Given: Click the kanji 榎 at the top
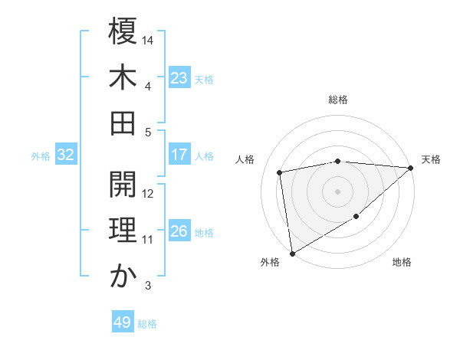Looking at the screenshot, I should [123, 34].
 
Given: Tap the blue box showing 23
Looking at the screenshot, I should [179, 78].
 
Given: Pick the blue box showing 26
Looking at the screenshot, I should [179, 232].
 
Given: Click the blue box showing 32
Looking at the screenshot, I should [66, 155].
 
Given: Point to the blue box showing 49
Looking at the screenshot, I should [123, 322].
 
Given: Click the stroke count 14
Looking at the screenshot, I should [148, 38].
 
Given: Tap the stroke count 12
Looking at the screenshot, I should [148, 195].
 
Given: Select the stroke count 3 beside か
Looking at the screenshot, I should [148, 286].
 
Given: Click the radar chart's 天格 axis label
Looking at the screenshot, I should [431, 159].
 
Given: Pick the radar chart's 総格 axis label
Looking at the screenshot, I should [337, 100].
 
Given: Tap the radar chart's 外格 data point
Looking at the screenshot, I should [292, 254].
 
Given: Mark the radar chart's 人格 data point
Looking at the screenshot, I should [280, 172].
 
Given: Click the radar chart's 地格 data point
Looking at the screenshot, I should [356, 218].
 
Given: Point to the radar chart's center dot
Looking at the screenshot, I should [337, 191].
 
